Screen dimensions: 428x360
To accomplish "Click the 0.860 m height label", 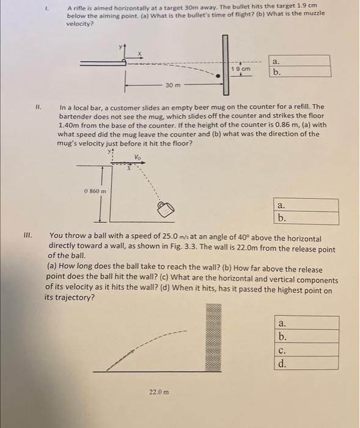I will click(95, 191).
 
